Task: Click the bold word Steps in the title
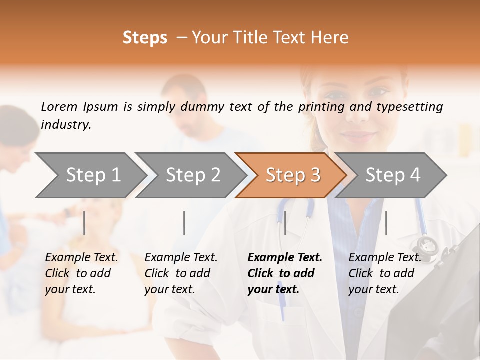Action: coord(145,38)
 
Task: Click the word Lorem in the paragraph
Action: coord(59,106)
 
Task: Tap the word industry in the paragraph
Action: coord(65,124)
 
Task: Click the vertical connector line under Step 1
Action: coord(84,223)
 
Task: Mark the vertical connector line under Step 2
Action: coord(184,223)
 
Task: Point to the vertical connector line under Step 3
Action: coord(285,223)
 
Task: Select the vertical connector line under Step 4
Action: coord(386,223)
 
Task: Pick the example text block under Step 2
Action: coord(180,273)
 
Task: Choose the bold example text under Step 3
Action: coord(284,273)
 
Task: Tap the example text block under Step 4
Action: coord(384,273)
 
